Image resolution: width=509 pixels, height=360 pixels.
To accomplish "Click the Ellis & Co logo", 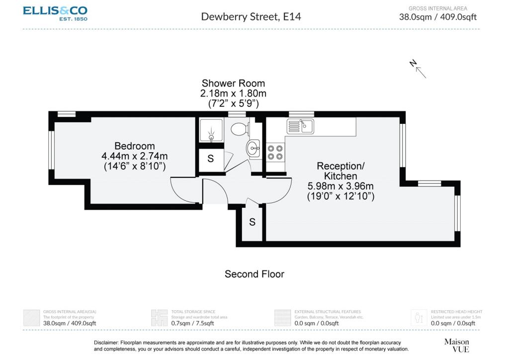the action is (55, 13).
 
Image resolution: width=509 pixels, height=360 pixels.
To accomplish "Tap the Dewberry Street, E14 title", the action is (251, 16).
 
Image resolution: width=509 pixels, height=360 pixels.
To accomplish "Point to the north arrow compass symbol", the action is (418, 69).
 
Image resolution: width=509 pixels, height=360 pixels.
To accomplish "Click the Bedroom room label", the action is (135, 146).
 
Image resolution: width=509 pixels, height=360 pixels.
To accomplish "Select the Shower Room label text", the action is (233, 83).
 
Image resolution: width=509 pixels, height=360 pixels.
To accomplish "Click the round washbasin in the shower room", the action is (253, 149).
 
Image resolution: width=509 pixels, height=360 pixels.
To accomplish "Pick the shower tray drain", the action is (211, 138).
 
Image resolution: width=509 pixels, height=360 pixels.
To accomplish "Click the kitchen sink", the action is (300, 126).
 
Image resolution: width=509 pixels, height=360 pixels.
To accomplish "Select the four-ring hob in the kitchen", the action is (275, 153).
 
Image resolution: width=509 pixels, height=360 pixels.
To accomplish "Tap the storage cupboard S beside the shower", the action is (211, 159).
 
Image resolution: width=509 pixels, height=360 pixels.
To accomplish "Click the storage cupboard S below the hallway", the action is (252, 222).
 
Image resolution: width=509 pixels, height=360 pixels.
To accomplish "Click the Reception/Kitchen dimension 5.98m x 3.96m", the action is (340, 186).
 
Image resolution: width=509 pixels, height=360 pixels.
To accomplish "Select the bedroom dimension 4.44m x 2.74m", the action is (135, 156).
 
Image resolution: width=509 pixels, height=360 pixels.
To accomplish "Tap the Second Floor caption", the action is (254, 274).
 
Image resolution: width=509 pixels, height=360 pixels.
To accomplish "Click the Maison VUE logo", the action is (457, 346).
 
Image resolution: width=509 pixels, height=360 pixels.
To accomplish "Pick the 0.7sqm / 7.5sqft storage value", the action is (192, 323).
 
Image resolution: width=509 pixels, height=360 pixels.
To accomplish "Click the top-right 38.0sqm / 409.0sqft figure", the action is (438, 17).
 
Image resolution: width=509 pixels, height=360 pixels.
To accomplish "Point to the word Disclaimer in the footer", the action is (106, 343).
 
